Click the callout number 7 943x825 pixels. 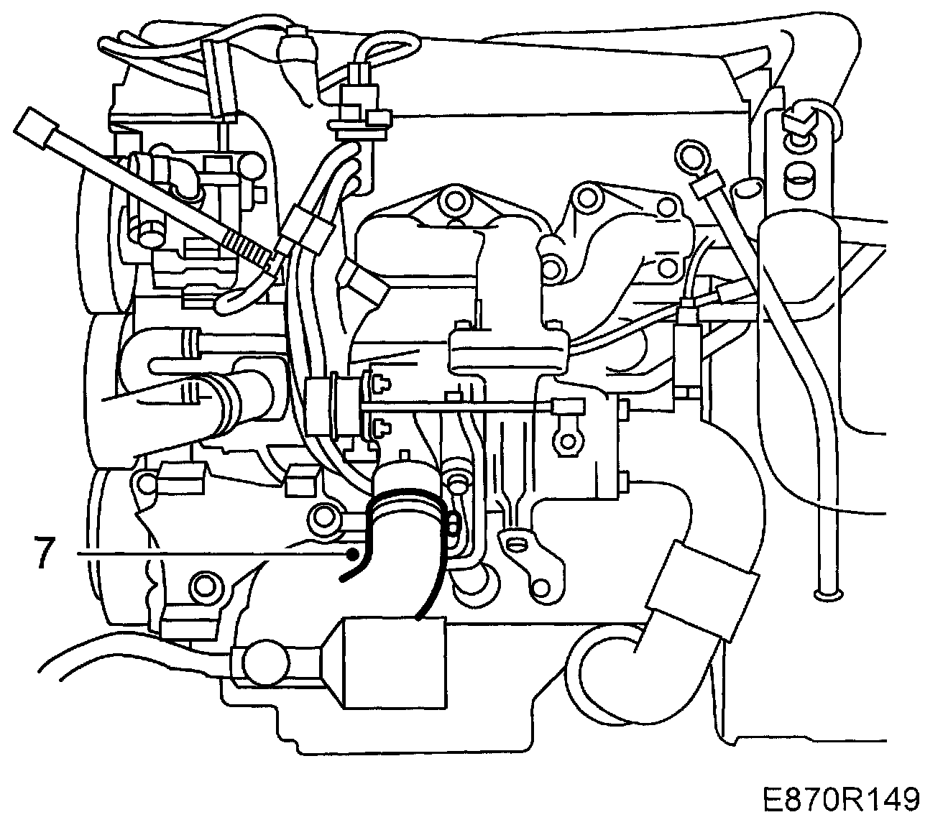click(45, 553)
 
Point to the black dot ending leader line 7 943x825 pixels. click(352, 553)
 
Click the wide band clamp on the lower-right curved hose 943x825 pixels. click(703, 589)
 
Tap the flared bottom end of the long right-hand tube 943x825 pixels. click(828, 594)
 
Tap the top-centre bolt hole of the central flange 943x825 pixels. click(454, 197)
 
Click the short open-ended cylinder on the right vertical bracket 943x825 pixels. click(799, 173)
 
